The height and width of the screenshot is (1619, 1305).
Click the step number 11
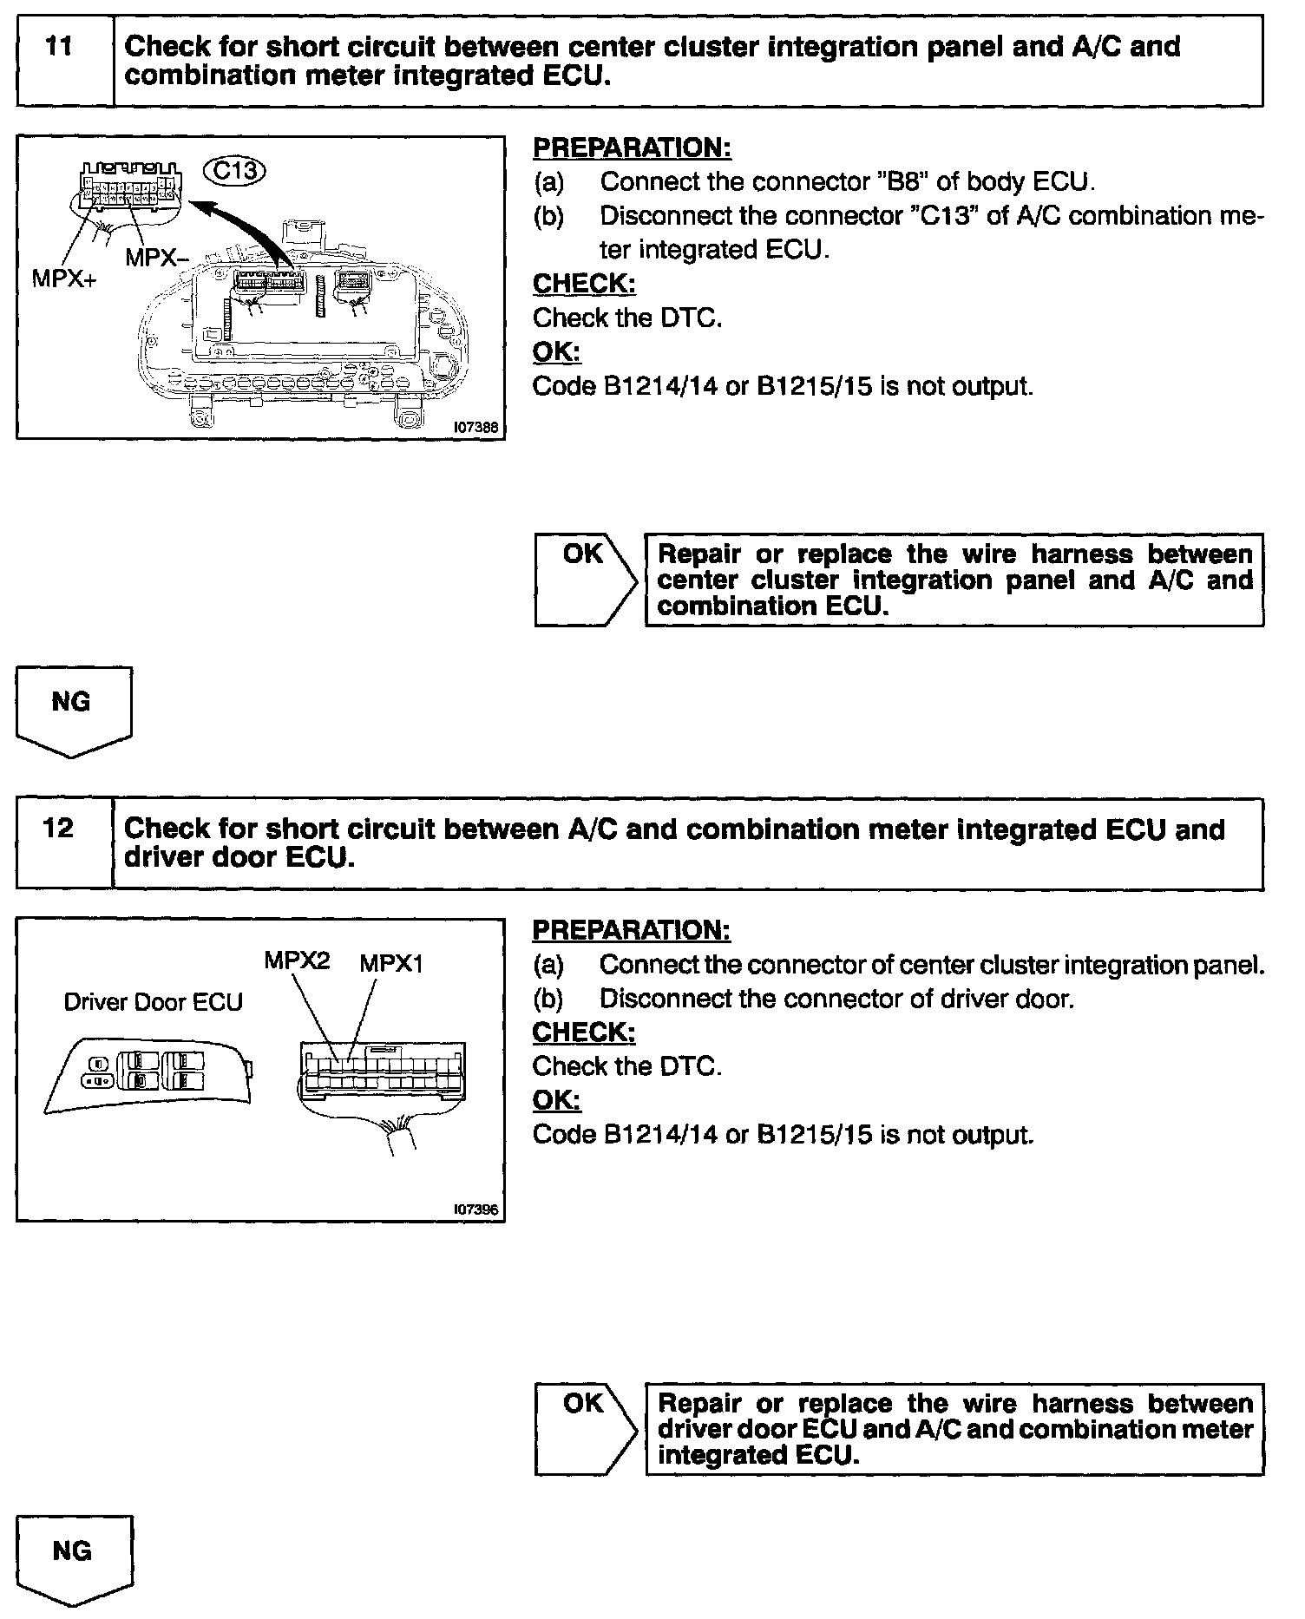pyautogui.click(x=58, y=47)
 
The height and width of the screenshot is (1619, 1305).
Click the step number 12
pyautogui.click(x=58, y=829)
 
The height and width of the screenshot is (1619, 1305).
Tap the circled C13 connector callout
pyautogui.click(x=234, y=170)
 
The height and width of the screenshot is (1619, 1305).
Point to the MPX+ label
pyautogui.click(x=64, y=279)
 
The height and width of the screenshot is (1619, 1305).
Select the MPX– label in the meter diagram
pyautogui.click(x=157, y=257)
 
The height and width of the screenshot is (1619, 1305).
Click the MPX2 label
pyautogui.click(x=297, y=961)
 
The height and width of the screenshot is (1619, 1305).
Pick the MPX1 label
pyautogui.click(x=391, y=964)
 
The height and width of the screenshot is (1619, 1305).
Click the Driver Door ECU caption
pyautogui.click(x=154, y=1002)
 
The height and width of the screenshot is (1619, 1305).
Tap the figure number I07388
pyautogui.click(x=475, y=427)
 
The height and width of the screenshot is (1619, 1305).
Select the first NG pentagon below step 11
pyautogui.click(x=73, y=710)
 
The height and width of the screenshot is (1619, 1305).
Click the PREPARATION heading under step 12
pyautogui.click(x=632, y=931)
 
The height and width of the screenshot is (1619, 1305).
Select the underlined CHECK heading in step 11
pyautogui.click(x=584, y=284)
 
